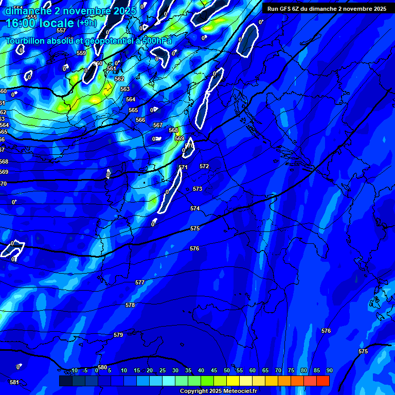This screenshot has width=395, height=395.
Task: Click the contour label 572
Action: point(204,166)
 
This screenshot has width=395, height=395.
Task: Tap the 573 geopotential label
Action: point(197,189)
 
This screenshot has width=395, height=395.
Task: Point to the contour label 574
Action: point(194,208)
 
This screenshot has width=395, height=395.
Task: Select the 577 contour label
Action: point(140,282)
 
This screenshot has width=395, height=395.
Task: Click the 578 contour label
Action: point(130,305)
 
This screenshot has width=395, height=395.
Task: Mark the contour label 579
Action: point(118,335)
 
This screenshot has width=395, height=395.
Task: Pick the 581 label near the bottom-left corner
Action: point(14,382)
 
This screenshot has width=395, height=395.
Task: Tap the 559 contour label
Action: point(81,53)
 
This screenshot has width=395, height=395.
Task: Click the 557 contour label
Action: point(61,30)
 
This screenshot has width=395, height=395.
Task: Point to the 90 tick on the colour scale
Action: point(329,370)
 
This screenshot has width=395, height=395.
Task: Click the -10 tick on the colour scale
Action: point(74,370)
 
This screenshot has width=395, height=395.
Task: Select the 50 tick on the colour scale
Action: point(227,370)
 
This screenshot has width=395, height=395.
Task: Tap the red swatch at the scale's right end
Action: point(322,381)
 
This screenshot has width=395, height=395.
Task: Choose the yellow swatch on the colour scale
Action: point(233,381)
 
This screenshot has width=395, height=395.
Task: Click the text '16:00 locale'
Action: point(40,23)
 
